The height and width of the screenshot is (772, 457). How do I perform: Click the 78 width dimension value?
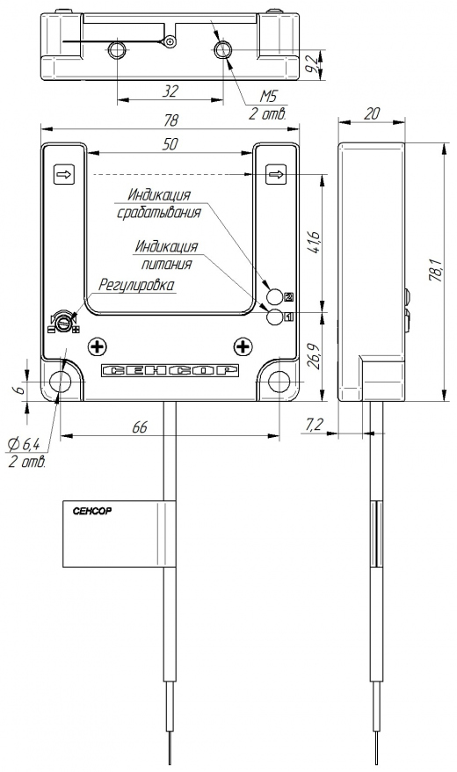[x=170, y=120]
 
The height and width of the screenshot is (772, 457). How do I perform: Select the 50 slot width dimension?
[x=170, y=144]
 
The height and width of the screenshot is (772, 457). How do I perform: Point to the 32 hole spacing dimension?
[x=170, y=91]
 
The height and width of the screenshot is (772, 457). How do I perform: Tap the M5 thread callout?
[x=269, y=96]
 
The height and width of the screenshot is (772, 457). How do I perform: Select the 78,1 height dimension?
[x=436, y=269]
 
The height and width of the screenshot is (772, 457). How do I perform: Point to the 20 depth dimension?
[x=372, y=113]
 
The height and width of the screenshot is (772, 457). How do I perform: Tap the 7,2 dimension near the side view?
[x=314, y=425]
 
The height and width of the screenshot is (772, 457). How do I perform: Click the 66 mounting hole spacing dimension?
[x=141, y=426]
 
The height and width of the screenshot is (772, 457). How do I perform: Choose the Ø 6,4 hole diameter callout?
[x=24, y=445]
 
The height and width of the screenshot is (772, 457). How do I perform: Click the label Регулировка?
[x=137, y=285]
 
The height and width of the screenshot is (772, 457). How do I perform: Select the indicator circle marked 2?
[x=275, y=296]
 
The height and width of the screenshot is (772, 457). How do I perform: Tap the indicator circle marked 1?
[x=275, y=318]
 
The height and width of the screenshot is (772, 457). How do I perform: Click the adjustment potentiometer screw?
[x=63, y=322]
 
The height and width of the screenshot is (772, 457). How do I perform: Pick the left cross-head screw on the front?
[x=98, y=347]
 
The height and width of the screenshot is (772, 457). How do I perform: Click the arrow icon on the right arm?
[x=276, y=174]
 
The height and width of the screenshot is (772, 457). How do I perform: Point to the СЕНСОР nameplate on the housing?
[x=170, y=371]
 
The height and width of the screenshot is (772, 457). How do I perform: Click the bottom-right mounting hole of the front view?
[x=279, y=382]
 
